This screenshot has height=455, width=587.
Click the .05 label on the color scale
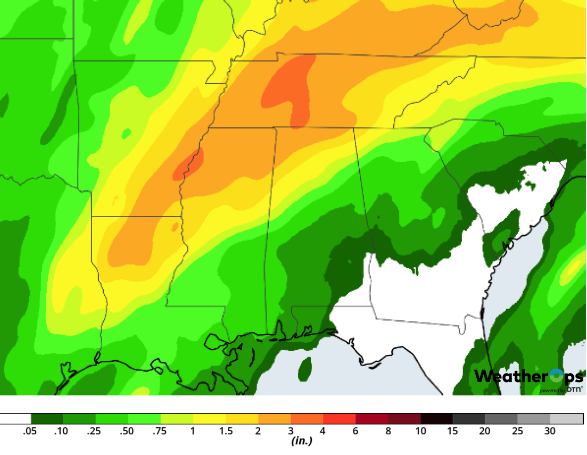pos(30,431)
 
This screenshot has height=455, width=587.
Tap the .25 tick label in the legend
pos(94,431)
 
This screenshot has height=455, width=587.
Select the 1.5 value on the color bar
pos(226,431)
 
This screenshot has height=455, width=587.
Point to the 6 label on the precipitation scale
pos(355,431)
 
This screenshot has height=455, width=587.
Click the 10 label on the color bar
pos(420,431)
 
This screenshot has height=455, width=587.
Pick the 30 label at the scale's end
pos(550,431)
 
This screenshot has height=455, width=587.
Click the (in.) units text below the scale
pos(301,441)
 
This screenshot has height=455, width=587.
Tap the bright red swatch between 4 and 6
pos(340,419)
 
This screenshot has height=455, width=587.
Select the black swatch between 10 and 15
pos(436,419)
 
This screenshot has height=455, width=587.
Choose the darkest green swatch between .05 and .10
pos(47,419)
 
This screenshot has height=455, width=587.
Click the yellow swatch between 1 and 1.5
pos(209,419)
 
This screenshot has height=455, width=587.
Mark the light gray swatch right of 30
pos(566,419)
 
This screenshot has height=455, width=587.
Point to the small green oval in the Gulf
pos(304,369)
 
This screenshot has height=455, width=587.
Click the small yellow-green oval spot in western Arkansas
pos(126,133)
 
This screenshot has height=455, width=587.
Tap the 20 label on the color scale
pos(485,431)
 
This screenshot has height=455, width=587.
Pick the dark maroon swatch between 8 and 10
pos(404,419)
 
